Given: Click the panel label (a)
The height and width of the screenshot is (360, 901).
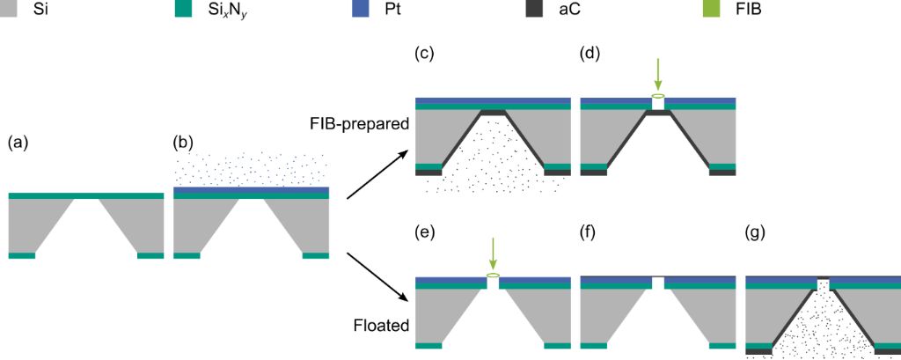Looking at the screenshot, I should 18,142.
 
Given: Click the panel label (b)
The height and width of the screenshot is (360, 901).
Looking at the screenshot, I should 185,142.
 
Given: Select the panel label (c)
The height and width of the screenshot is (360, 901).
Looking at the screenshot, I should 426,54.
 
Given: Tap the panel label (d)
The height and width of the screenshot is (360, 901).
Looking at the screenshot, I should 592,54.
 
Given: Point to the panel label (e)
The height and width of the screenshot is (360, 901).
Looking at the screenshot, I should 426,233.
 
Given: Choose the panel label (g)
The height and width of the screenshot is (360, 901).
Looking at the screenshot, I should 757,233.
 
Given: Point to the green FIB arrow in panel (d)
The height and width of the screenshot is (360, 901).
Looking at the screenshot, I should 658,74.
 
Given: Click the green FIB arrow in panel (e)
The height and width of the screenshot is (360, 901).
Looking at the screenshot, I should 493,254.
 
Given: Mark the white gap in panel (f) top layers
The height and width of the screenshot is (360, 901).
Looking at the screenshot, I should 658,282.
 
